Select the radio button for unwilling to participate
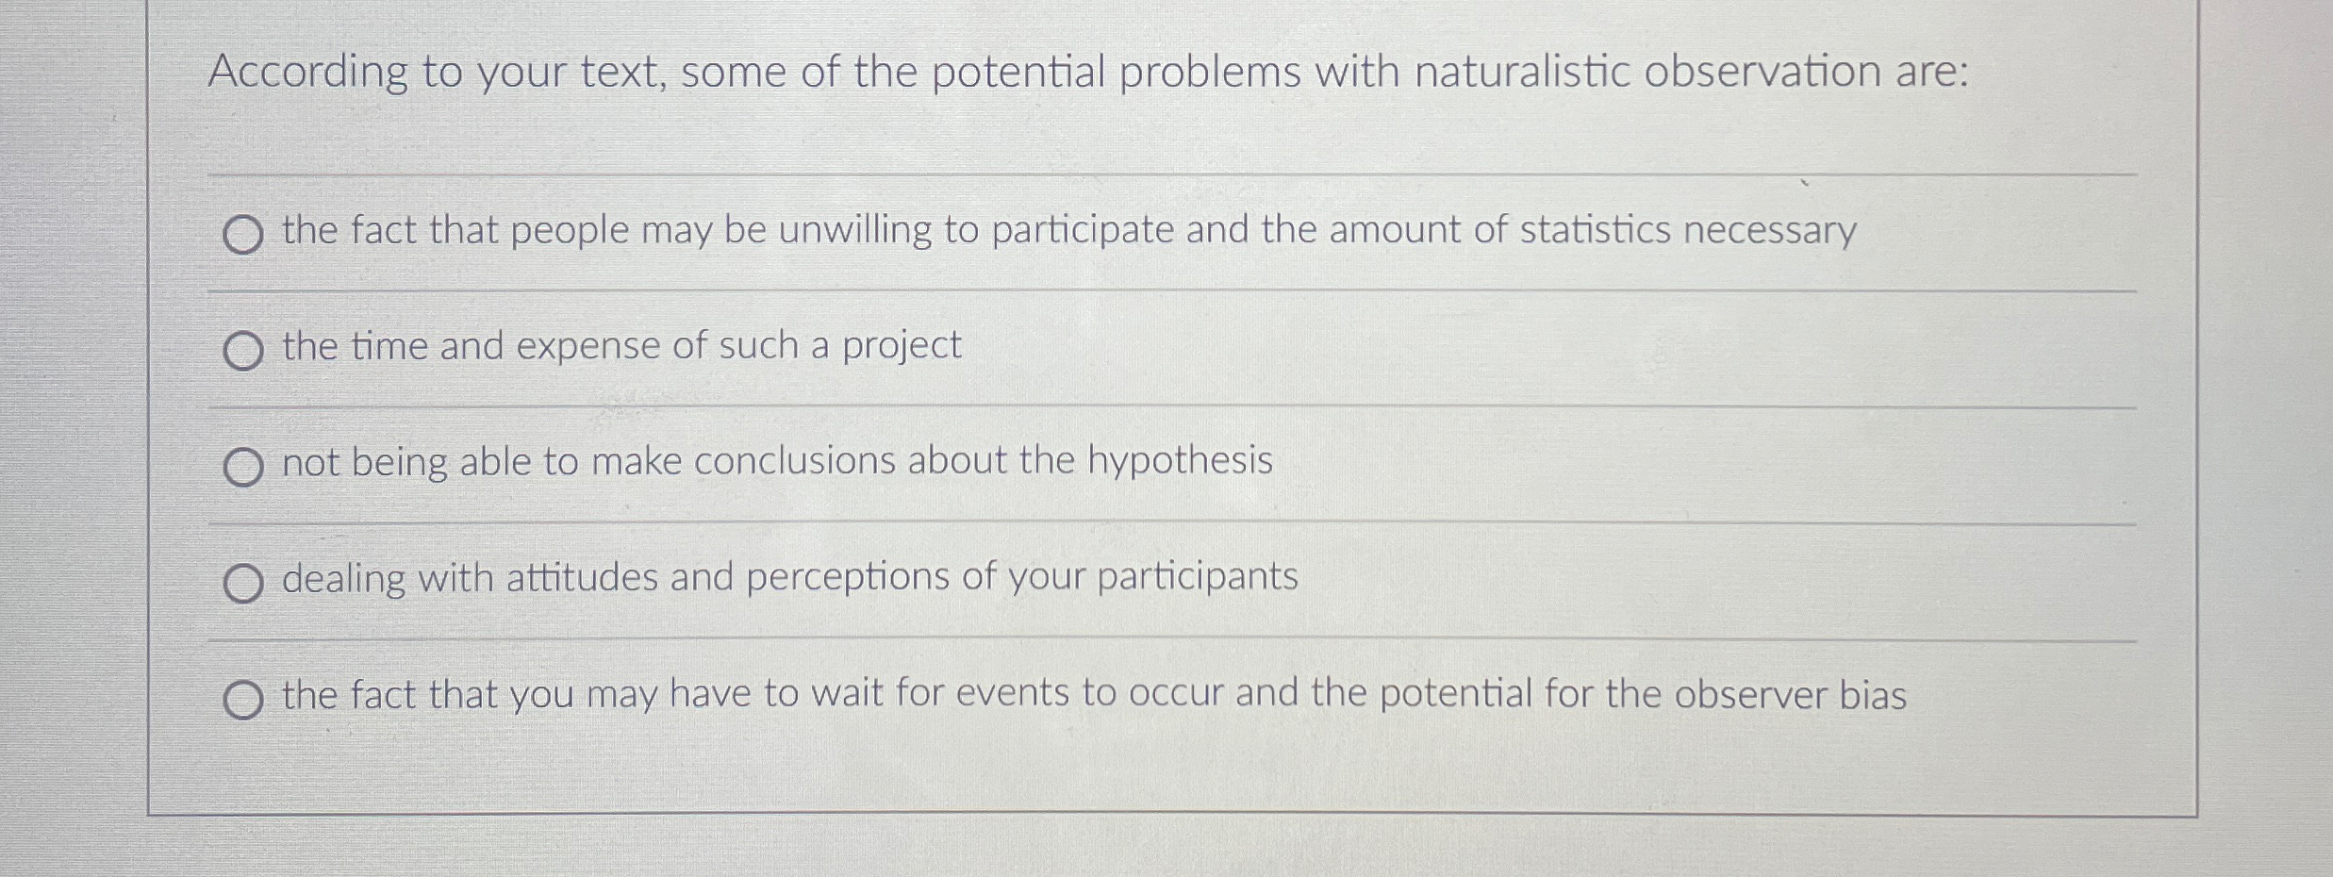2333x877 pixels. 243,235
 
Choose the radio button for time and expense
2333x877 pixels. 243,351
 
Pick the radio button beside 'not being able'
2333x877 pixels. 243,467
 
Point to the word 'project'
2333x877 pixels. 902,347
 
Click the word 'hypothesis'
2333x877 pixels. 1180,461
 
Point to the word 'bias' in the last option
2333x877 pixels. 1873,695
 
